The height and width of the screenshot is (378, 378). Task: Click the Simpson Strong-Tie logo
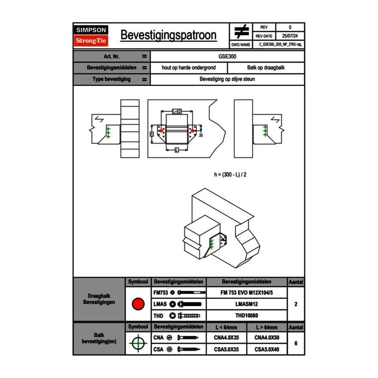91,36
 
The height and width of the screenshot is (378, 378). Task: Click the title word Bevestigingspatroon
168,35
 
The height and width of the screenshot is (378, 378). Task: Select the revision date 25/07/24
290,36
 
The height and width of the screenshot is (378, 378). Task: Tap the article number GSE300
227,56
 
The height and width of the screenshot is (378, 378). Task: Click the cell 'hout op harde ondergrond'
189,68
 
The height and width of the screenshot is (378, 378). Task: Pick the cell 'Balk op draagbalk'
266,68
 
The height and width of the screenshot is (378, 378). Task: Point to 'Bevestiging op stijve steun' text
227,79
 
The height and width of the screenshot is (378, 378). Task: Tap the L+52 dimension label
177,111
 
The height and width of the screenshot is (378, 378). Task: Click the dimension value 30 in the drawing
201,135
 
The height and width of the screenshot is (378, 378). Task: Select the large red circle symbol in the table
138,304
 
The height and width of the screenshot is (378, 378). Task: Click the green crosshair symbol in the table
138,343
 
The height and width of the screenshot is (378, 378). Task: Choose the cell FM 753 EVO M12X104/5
246,293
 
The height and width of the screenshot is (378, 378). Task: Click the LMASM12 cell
246,304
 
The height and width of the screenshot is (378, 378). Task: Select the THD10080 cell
246,316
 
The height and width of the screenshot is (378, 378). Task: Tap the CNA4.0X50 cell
267,338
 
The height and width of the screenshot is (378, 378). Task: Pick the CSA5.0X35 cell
226,349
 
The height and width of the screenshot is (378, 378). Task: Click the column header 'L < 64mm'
226,327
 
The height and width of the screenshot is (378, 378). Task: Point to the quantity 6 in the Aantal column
296,343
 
